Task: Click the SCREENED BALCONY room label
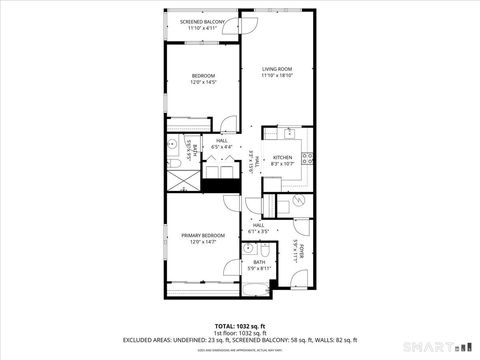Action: tap(203, 22)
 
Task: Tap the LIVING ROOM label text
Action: tap(275, 68)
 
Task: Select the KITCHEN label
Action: tap(283, 158)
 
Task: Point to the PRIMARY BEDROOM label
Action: tap(203, 236)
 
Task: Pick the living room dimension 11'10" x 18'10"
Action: tap(275, 75)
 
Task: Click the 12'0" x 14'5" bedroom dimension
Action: tap(203, 83)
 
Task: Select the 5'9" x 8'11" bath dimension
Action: tap(259, 268)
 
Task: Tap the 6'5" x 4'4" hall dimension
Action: tap(221, 147)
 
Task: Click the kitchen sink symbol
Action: tap(285, 131)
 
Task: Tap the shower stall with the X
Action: tap(184, 180)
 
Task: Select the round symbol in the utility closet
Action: tap(298, 199)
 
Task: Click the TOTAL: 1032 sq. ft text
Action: tap(239, 326)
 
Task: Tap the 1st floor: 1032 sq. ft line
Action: tap(239, 333)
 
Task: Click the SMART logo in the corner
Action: tap(441, 347)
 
